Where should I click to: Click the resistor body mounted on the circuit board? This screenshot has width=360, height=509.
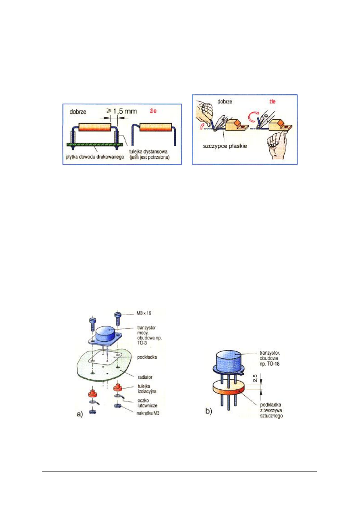(94, 126)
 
